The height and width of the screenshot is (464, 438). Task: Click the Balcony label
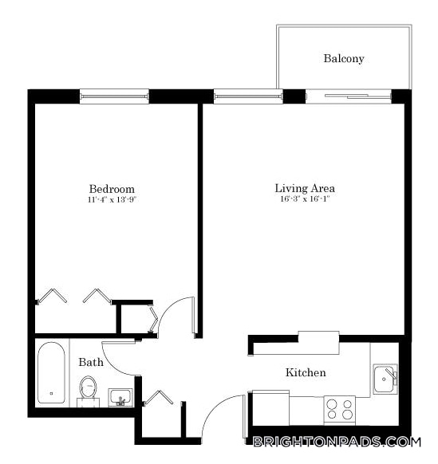[x=344, y=58]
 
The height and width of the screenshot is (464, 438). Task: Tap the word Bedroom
[x=112, y=189]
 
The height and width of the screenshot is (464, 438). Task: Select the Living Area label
[x=304, y=188]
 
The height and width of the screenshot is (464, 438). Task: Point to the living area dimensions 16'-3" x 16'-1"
[x=304, y=199]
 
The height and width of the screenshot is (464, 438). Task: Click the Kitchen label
[x=306, y=372]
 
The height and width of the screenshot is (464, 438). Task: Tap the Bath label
[x=91, y=362]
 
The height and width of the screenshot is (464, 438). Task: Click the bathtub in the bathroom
[x=53, y=374]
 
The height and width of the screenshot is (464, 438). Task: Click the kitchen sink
[x=386, y=378]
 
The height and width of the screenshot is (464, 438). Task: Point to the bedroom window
[x=114, y=97]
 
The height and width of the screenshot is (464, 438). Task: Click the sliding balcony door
[x=349, y=97]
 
